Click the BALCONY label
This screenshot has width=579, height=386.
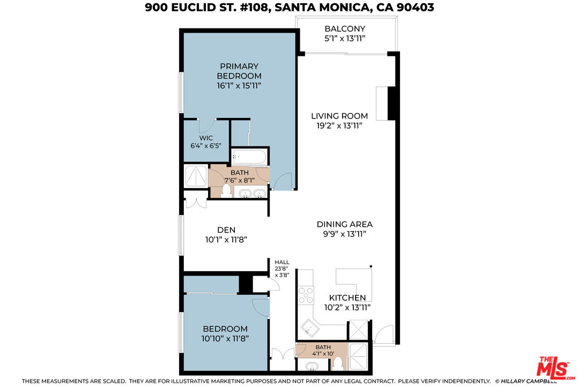345,28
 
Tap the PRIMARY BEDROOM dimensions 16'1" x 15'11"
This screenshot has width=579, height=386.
239,85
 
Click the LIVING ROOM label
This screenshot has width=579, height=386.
340,116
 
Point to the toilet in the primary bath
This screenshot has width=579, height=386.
226,190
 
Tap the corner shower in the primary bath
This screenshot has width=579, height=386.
195,176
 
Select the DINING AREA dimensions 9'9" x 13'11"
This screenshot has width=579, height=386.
344,234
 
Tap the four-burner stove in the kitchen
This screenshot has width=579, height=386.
306,296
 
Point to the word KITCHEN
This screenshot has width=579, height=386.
347,298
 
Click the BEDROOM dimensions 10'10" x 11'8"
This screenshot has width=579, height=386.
225,338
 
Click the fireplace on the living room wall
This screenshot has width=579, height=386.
382,103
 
